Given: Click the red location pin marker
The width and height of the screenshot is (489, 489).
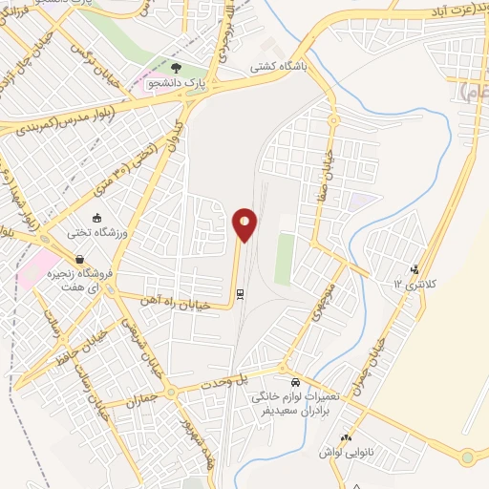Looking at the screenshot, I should click(x=244, y=225).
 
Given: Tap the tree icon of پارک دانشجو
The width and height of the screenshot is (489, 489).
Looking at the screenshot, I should click(x=177, y=68).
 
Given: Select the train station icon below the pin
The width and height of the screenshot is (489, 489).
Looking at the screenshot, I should click(x=241, y=294).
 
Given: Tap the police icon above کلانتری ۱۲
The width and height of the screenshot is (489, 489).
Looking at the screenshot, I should click(x=414, y=269).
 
